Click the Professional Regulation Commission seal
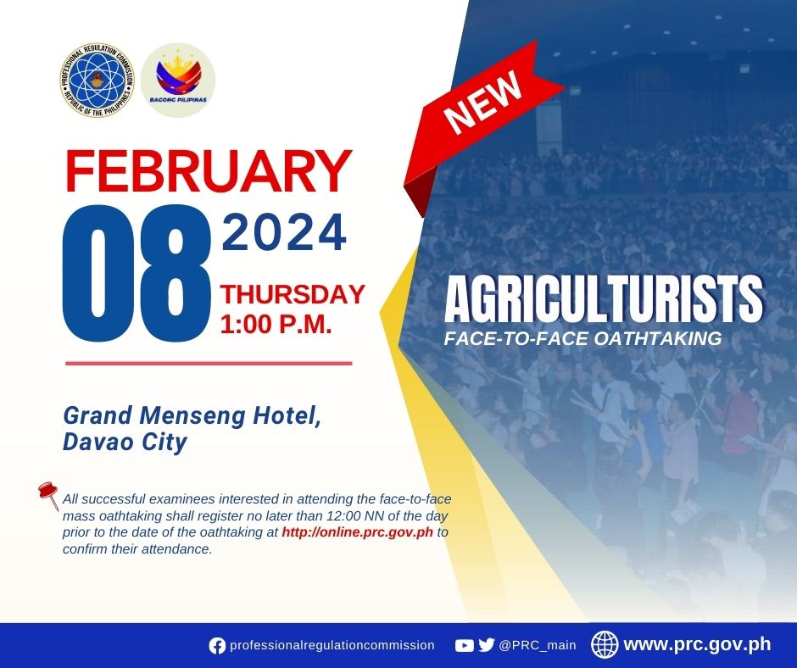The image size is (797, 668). [98, 80]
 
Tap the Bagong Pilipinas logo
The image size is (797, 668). [178, 80]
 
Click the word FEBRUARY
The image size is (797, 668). [209, 171]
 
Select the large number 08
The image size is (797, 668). [137, 272]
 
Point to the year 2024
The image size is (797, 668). [284, 233]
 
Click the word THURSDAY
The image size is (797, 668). [293, 294]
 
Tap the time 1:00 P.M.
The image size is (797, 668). [276, 324]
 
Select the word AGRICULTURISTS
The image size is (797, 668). [604, 300]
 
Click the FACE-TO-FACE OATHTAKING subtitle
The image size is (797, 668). [583, 338]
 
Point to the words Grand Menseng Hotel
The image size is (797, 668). [192, 416]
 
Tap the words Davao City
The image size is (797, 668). [125, 442]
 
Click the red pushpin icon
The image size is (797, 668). [49, 495]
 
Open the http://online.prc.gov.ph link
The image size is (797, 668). [357, 532]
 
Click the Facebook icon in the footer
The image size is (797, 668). [217, 646]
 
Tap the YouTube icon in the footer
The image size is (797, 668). [464, 646]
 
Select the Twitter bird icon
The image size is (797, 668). [487, 645]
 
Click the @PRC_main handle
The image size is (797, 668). [538, 646]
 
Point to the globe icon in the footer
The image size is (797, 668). [605, 644]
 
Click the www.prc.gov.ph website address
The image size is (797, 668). [697, 644]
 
